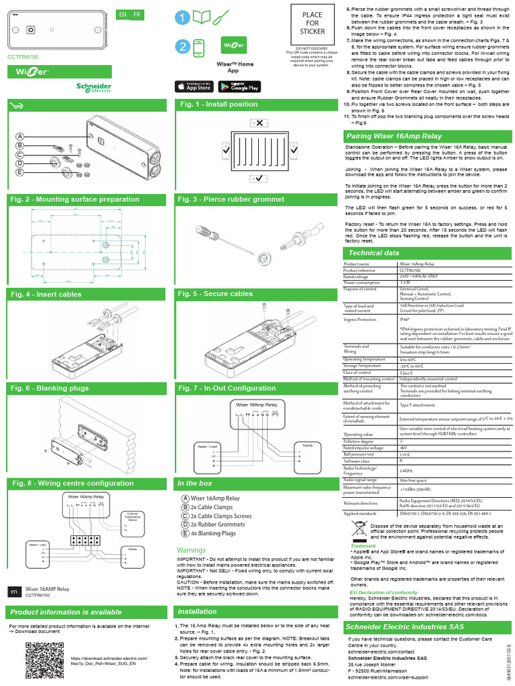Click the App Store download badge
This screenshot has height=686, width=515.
194,86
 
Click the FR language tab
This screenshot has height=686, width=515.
137,15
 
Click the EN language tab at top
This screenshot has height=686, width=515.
122,15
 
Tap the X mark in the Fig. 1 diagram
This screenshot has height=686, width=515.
259,123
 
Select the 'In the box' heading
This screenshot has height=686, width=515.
194,483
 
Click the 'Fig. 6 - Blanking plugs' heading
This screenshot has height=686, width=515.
49,388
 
